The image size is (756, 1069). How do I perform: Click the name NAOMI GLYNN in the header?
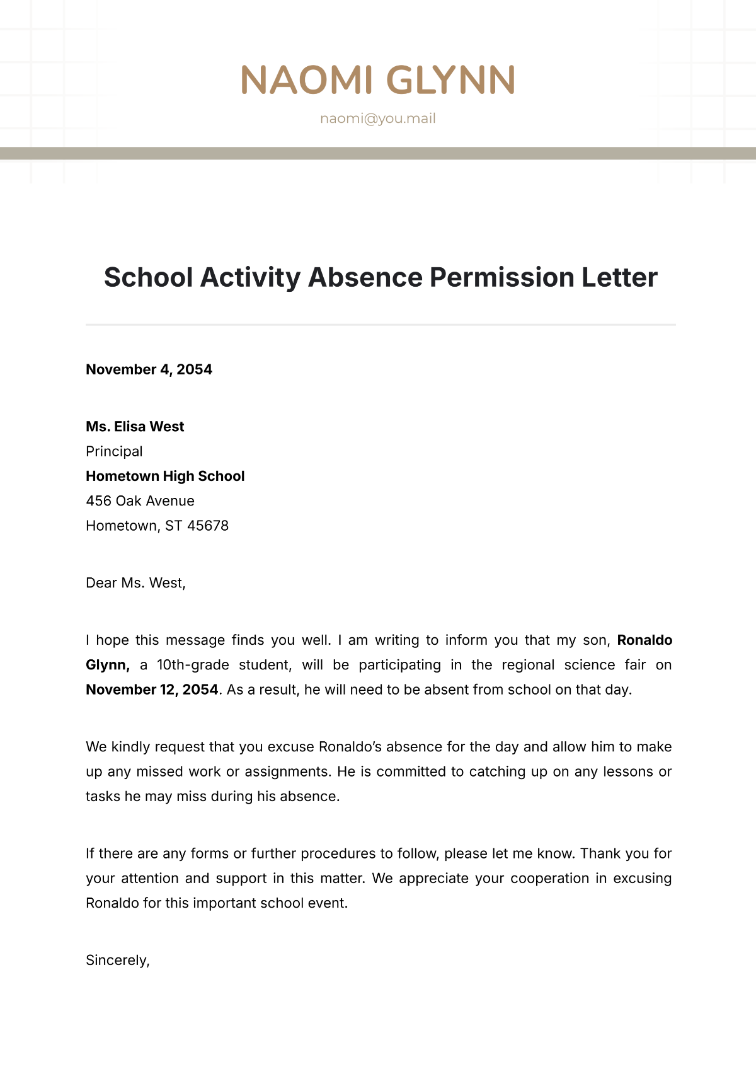(378, 80)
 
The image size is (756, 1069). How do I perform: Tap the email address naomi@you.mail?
(378, 118)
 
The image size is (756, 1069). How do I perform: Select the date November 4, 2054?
(149, 369)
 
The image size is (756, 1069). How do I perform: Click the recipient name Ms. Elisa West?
(135, 427)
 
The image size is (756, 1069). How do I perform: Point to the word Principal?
(114, 451)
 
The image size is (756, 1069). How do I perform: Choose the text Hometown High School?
(165, 476)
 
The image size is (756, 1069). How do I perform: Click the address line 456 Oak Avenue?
(140, 501)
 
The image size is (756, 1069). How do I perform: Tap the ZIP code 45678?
(208, 526)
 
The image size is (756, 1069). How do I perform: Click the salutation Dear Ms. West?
(135, 583)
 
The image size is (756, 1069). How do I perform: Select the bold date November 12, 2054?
(152, 690)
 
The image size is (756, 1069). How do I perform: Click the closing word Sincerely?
(118, 960)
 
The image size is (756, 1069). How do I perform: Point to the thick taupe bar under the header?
(378, 153)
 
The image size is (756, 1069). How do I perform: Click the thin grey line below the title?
(381, 325)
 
